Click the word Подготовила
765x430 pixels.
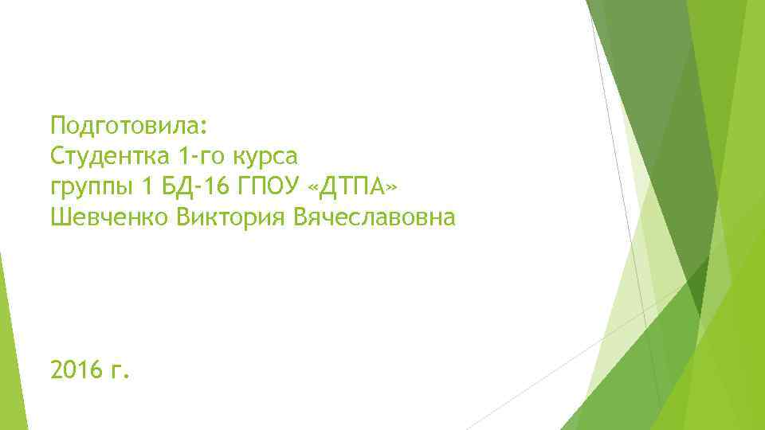[124, 126]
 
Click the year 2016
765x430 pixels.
[76, 369]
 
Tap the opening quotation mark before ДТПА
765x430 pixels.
[312, 188]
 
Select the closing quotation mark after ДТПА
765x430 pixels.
[388, 188]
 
